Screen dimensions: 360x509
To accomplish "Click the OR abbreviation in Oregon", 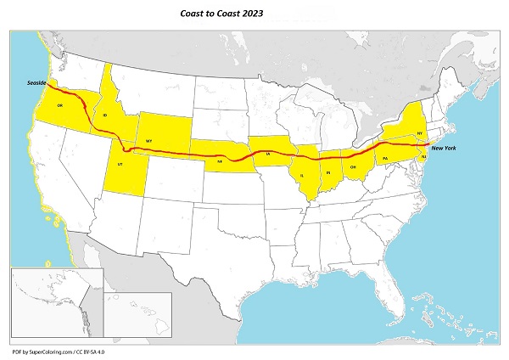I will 60,105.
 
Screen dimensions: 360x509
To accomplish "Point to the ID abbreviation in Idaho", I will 104,115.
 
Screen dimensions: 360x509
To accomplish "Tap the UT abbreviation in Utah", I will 120,162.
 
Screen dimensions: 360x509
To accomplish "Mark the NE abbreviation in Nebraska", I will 220,160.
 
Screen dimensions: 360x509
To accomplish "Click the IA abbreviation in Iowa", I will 268,155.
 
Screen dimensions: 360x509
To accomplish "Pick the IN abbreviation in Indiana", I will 327,173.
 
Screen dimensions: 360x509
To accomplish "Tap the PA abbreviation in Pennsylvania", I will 385,158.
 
